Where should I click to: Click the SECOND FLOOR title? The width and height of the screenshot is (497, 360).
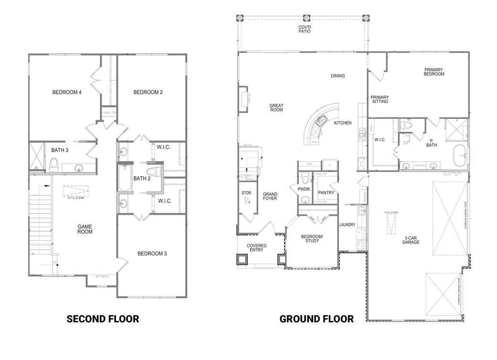tap(103, 318)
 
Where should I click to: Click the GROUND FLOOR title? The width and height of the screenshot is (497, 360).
tap(317, 318)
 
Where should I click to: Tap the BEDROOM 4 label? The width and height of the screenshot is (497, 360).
tap(66, 92)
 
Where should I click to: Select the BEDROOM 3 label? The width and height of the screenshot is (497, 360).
tap(152, 254)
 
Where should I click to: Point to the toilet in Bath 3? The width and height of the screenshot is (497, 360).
tap(54, 165)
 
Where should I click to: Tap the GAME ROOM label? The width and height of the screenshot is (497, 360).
tap(85, 229)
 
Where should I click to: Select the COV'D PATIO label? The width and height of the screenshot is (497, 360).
tap(305, 30)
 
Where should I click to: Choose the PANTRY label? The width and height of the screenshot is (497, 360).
tap(326, 192)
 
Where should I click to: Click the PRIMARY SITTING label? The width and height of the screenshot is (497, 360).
tap(380, 99)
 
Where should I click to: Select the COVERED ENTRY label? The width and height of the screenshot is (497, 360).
tap(256, 249)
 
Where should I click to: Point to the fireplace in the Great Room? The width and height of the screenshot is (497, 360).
tap(243, 99)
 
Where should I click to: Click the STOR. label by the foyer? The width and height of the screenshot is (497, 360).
tap(246, 192)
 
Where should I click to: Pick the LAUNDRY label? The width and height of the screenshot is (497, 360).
tap(347, 224)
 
